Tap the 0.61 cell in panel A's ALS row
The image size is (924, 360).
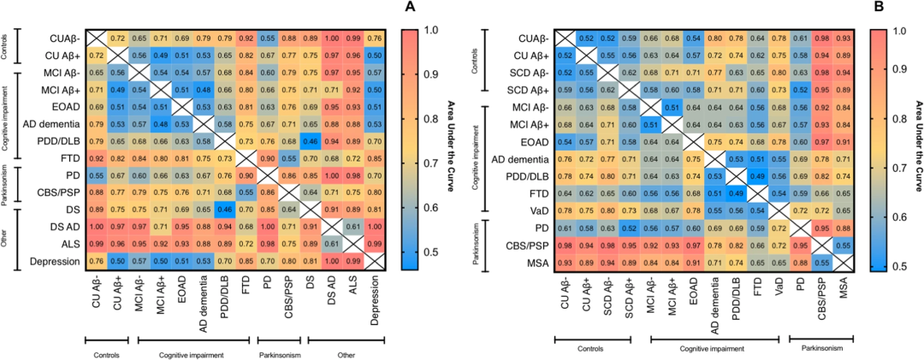(x=328, y=245)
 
